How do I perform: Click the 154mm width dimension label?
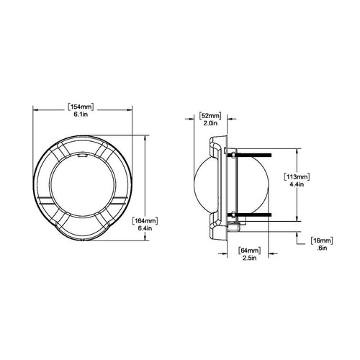coord(81,107)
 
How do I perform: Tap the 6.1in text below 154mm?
coord(81,114)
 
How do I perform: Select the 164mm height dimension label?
coord(145,221)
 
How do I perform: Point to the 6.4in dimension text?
coord(145,228)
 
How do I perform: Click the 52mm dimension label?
coord(210,116)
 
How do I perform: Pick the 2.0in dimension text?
coord(210,123)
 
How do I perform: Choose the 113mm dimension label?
coord(297,177)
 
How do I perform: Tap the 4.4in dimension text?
coord(297,184)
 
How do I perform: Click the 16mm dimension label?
coord(322,240)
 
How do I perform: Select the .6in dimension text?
coord(322,248)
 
